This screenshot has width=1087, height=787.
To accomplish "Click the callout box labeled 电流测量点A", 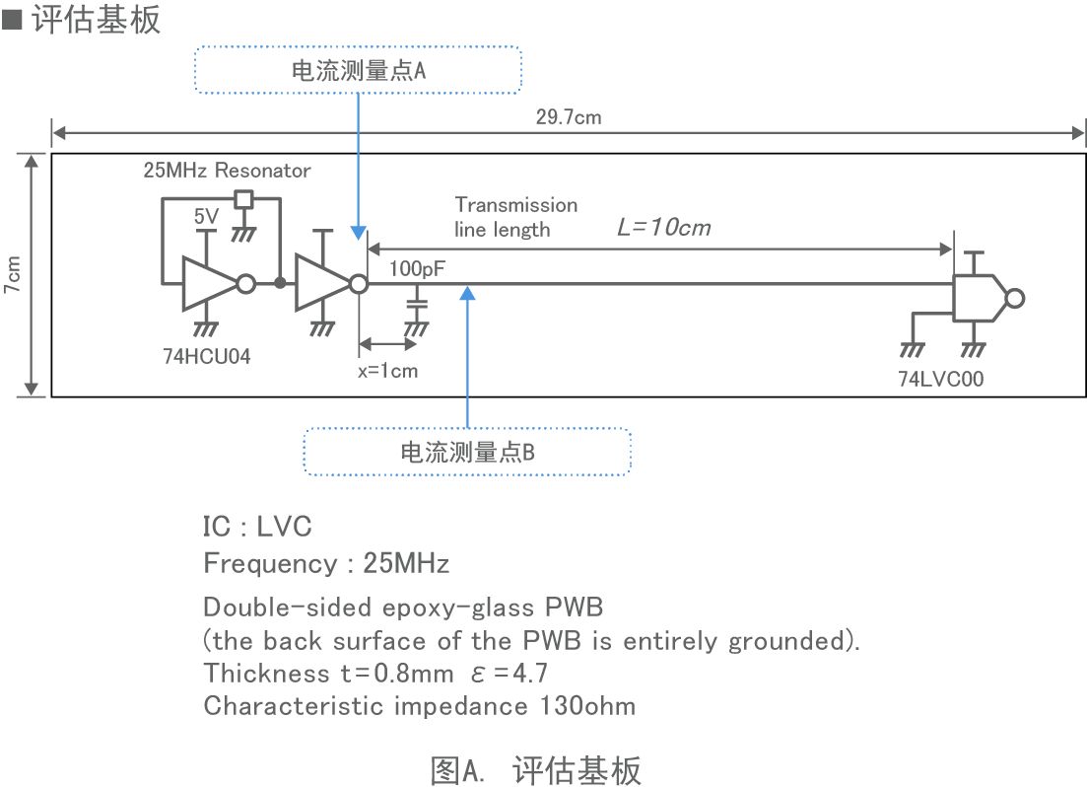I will [358, 70].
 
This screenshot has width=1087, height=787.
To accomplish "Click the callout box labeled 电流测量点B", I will [467, 453].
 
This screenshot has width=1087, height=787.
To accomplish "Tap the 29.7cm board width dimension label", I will [569, 117].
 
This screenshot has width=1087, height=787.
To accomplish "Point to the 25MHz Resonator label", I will [227, 171].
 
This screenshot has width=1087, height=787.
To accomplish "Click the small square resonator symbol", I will [243, 198].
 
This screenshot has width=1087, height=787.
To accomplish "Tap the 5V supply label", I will [206, 216].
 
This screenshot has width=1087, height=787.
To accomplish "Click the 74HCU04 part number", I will [207, 357].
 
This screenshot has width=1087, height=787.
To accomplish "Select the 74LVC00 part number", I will [940, 378].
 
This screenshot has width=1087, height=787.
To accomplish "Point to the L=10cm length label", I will [663, 228].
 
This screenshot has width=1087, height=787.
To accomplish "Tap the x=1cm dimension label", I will [387, 372].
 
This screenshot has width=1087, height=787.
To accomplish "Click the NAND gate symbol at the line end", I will [981, 298].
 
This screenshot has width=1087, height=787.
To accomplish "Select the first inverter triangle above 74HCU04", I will [210, 285].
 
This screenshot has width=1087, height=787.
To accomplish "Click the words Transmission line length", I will [515, 217].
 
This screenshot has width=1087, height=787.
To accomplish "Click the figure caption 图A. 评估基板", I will [535, 769].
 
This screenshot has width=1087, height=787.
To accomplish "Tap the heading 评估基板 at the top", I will [95, 20].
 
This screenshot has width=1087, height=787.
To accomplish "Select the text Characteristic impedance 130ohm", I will [419, 706].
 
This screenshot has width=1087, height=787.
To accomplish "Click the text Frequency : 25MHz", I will [326, 564].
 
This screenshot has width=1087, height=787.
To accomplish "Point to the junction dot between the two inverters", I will [280, 285].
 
